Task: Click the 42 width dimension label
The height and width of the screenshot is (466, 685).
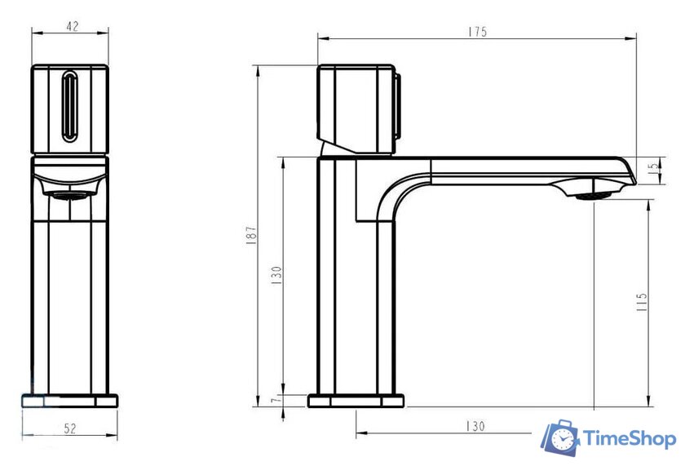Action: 73,26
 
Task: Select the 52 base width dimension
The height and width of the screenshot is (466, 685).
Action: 70,428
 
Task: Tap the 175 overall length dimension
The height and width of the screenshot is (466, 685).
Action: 477,32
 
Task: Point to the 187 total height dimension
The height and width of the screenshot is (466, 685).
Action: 251,235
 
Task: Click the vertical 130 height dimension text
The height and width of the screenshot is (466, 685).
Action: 276,275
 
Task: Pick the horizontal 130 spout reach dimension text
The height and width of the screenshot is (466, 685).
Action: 475,426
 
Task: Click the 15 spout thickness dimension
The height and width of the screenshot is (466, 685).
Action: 654,166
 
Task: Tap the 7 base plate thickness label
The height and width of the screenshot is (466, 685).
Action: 274,400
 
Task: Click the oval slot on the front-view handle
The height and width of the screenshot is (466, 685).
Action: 70,107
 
